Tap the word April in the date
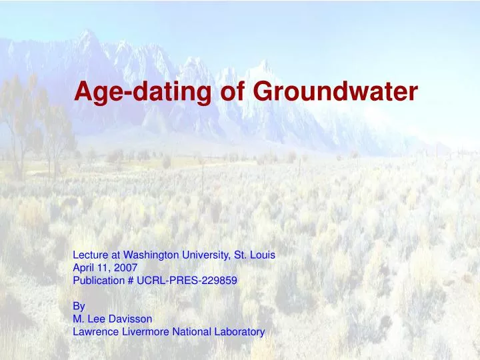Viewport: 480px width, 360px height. point(83,267)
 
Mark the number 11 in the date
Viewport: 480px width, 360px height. point(104,267)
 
